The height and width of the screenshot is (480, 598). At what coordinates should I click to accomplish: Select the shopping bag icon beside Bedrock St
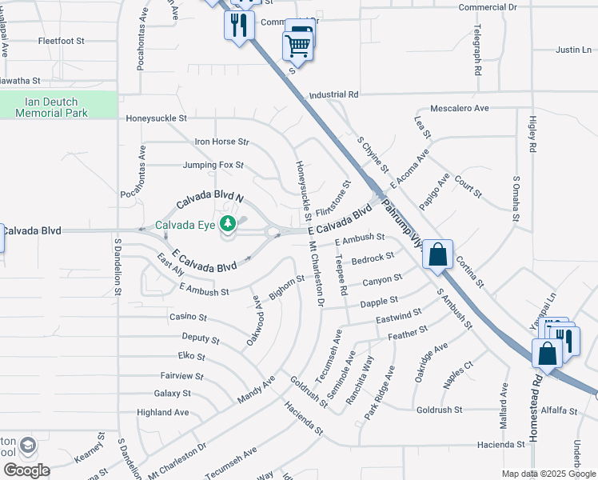pos(438,255)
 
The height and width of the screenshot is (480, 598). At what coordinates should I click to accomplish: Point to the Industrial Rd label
pos(333,94)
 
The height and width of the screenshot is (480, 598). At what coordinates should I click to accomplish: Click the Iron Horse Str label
pos(222,142)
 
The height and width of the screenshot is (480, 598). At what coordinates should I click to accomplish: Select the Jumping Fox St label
pos(213,166)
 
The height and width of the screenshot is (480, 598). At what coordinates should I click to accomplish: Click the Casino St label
pos(188,318)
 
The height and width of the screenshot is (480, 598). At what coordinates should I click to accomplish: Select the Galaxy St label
pos(172,394)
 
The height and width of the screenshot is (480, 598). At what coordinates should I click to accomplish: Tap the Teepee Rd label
pos(342,273)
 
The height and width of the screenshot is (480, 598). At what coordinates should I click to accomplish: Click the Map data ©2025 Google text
pos(548,474)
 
